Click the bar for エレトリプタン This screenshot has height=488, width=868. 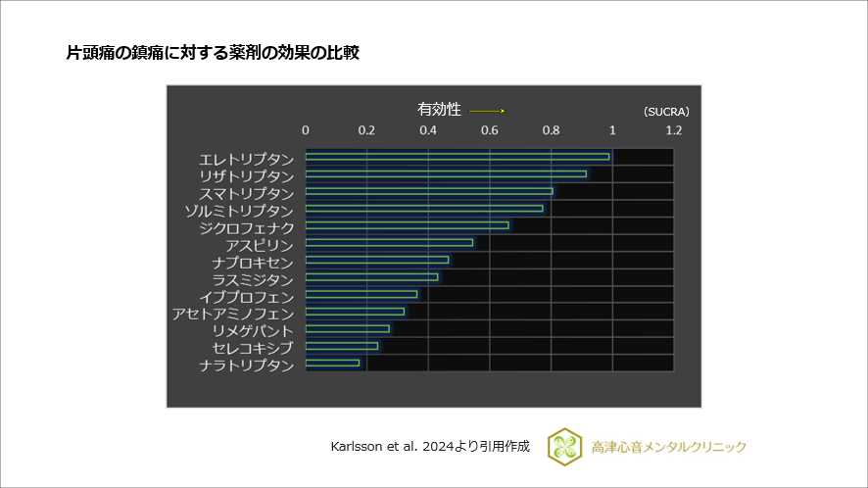(x=457, y=156)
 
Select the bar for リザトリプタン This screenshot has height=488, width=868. (x=446, y=173)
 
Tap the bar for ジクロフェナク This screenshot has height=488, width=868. (x=407, y=225)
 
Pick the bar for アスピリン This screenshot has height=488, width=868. (x=389, y=242)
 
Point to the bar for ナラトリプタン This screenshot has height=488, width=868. (x=332, y=363)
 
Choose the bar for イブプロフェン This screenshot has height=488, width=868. (x=361, y=294)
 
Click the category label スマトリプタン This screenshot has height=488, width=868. (x=246, y=193)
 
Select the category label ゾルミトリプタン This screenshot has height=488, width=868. (x=239, y=211)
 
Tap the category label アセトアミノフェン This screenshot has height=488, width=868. (x=233, y=314)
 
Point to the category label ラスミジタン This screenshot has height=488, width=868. (x=253, y=279)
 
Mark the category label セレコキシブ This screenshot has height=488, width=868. (x=253, y=348)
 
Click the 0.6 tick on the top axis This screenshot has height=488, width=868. (x=490, y=130)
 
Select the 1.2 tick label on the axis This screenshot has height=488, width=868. (x=674, y=130)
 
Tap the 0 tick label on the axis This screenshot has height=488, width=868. (x=306, y=130)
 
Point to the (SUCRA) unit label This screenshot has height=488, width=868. (x=666, y=112)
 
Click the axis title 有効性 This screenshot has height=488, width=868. (x=439, y=110)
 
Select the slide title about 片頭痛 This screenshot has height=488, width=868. (x=213, y=53)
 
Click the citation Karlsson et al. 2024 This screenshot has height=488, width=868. (x=430, y=446)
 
